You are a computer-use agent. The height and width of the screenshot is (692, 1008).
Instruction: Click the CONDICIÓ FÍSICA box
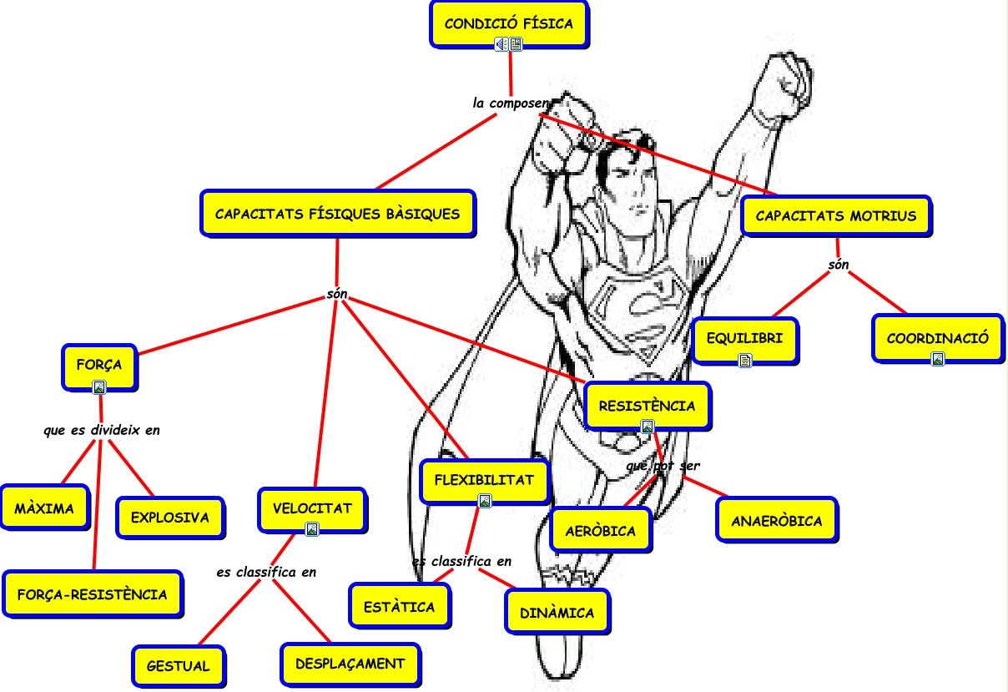(x=508, y=24)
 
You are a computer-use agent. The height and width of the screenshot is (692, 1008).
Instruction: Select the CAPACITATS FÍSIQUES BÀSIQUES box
(x=337, y=214)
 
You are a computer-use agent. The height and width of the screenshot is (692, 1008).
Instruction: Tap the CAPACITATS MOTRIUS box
(x=835, y=216)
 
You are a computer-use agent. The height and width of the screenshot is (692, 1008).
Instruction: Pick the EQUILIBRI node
(x=744, y=339)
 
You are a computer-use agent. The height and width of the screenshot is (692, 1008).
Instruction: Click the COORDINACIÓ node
(x=937, y=339)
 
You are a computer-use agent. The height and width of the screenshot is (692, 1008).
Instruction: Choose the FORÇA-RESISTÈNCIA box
(x=92, y=595)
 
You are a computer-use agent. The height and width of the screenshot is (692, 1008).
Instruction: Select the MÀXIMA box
(x=44, y=508)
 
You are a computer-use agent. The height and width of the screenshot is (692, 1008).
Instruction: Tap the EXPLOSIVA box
(x=170, y=518)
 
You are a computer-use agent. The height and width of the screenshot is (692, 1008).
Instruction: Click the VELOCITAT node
(x=312, y=508)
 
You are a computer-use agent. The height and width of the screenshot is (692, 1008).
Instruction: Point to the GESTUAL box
(x=178, y=666)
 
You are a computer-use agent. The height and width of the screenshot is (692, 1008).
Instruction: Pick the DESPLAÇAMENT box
(x=350, y=664)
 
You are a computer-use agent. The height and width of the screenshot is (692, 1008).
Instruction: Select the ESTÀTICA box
(x=399, y=607)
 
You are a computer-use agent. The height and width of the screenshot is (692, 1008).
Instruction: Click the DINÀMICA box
(x=557, y=613)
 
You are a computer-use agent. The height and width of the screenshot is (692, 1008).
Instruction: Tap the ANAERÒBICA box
(x=776, y=521)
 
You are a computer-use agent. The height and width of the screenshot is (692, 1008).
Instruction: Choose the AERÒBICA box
(x=600, y=531)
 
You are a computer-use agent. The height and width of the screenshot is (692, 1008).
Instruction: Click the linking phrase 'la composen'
(x=511, y=104)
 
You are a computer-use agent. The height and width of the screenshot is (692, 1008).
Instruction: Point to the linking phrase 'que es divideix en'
(x=102, y=431)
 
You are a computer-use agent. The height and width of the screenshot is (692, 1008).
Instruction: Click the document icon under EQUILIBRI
(x=745, y=361)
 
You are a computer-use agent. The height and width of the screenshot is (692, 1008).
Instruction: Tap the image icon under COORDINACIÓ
(x=937, y=359)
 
